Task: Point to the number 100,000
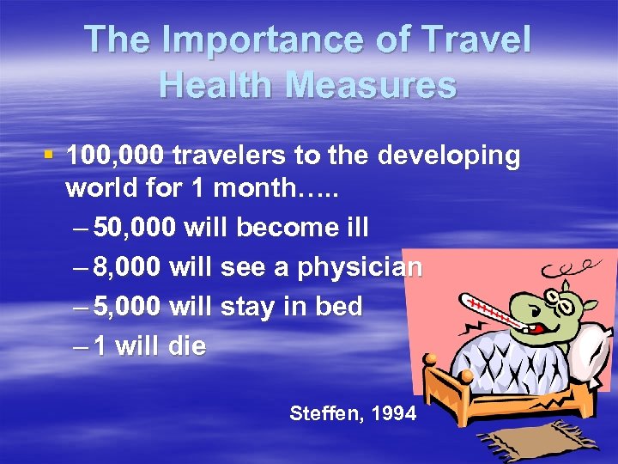click(115, 156)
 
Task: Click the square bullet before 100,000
click(49, 156)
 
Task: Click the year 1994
click(394, 414)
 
